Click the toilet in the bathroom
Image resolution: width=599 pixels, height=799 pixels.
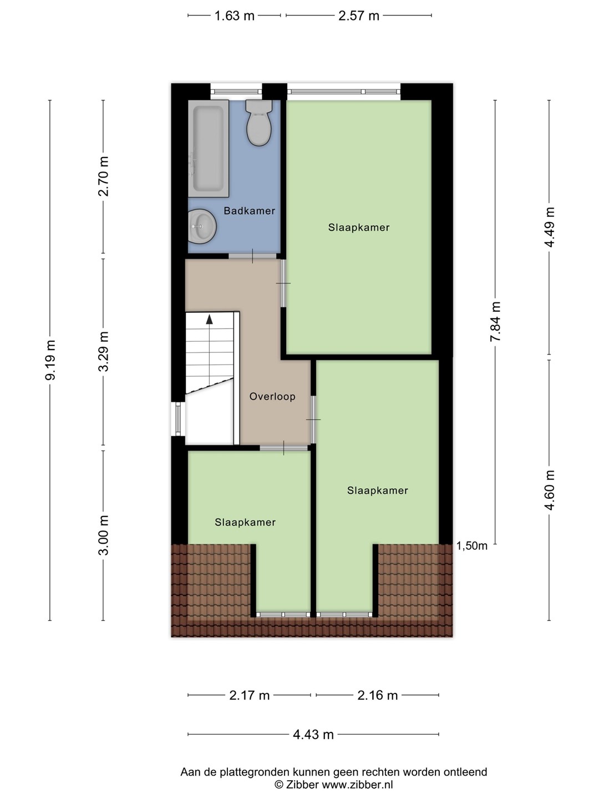point(260,123)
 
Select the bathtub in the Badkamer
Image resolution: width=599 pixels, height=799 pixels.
point(209,149)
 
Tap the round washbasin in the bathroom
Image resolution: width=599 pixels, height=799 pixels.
point(202,226)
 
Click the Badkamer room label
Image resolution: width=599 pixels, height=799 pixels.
point(249,211)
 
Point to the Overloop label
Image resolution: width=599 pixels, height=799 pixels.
point(272,396)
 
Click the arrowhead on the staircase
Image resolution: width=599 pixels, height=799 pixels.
point(210,319)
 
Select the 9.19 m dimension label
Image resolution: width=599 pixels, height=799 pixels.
point(50,360)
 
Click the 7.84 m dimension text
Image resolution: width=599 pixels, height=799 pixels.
point(495,322)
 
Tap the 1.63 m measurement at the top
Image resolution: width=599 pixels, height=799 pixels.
point(234,16)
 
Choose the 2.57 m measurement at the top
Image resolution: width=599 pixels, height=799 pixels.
point(359,16)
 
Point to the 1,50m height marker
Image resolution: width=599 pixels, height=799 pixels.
point(471,546)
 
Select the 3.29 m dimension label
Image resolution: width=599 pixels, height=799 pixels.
point(104,351)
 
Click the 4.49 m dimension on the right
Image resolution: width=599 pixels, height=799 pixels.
point(550,227)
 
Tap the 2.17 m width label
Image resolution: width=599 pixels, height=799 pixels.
point(249,695)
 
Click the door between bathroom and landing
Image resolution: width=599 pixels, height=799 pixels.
point(253,256)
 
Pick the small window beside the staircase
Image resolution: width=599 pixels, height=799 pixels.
point(178,418)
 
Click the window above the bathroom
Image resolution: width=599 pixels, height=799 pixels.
point(236,92)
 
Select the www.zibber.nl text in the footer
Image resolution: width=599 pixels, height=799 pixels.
point(358,785)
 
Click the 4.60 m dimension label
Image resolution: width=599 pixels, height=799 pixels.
point(550,490)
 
